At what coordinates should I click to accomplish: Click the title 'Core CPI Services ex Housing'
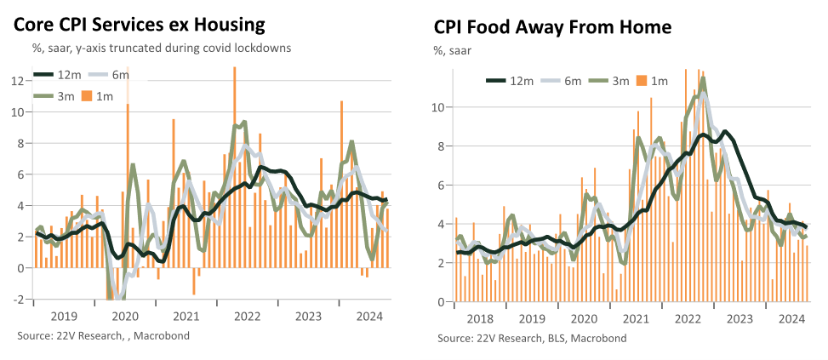tap(139, 25)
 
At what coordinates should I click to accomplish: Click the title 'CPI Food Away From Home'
tap(553, 27)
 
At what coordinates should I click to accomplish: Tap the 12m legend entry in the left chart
tap(58, 75)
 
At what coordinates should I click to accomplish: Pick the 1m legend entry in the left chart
tap(97, 96)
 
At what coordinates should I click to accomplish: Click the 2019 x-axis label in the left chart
tap(64, 317)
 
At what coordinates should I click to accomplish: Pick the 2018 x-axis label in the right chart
tap(481, 319)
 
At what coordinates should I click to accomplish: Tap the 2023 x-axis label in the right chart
tap(739, 319)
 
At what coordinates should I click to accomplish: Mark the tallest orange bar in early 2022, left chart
tap(235, 167)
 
